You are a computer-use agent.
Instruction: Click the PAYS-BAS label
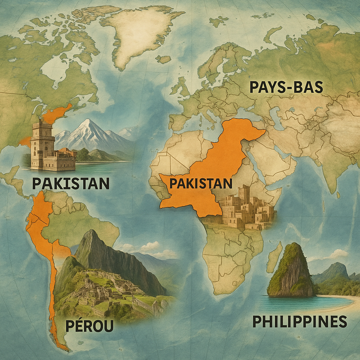pyautogui.click(x=286, y=87)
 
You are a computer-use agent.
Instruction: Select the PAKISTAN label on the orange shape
pyautogui.click(x=201, y=184)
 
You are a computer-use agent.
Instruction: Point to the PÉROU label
pyautogui.click(x=89, y=326)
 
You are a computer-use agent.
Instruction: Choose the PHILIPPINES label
pyautogui.click(x=300, y=321)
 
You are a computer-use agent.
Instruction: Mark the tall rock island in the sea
pyautogui.click(x=291, y=271)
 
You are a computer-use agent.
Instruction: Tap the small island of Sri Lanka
pyautogui.click(x=338, y=194)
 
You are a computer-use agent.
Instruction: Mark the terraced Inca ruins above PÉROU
pyautogui.click(x=105, y=288)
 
